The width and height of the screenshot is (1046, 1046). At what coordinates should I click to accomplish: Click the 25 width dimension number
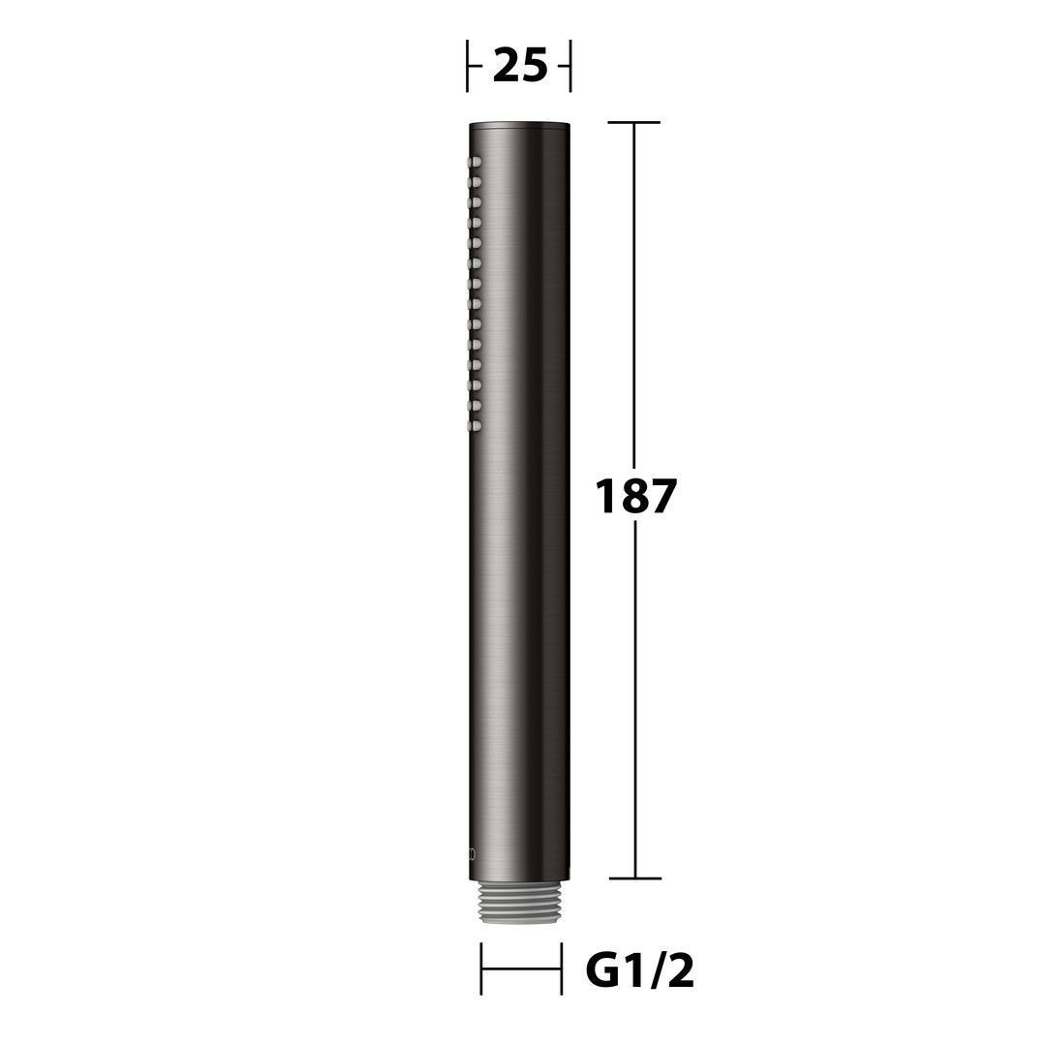pos(520,67)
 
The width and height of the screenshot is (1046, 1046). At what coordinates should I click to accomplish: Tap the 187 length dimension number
pos(635,496)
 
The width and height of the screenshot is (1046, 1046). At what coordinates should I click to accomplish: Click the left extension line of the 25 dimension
pos(467,66)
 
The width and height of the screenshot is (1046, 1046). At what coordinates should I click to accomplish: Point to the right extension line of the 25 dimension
pos(570,66)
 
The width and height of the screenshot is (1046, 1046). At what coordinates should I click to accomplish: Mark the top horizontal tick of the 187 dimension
pos(633,123)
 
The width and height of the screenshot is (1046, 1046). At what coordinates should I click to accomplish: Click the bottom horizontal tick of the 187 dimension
pos(635,878)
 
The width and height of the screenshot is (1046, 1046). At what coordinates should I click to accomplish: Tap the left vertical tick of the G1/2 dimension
pos(481,969)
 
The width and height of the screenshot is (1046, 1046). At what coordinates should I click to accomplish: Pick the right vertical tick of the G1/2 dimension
pos(561,969)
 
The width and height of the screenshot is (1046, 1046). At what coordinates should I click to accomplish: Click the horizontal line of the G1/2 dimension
pos(521,969)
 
